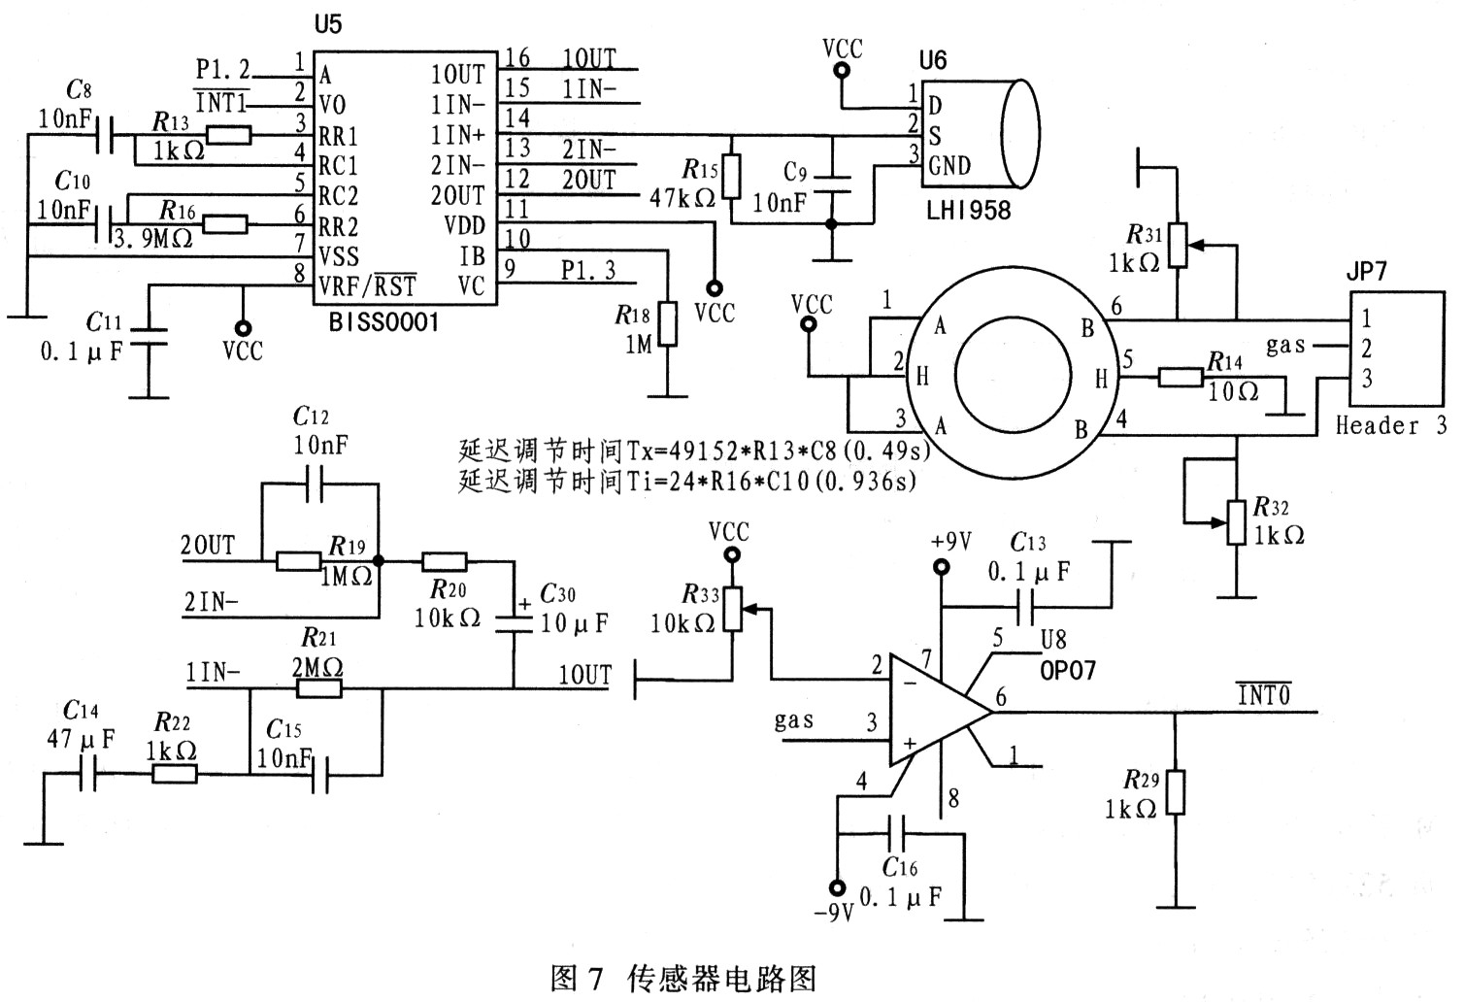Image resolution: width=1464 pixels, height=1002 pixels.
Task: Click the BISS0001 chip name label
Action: (383, 322)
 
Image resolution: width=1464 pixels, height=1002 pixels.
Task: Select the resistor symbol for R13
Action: (229, 135)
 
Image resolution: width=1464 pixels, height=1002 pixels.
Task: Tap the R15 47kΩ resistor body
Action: (731, 177)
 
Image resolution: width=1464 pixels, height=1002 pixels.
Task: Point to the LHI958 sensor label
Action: (969, 211)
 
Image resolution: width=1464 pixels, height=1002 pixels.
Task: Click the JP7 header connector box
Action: (1397, 349)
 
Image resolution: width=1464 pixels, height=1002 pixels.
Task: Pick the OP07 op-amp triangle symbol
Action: (941, 711)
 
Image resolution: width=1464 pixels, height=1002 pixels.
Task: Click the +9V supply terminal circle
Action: (941, 567)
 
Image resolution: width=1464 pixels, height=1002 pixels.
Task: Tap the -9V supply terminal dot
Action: (837, 887)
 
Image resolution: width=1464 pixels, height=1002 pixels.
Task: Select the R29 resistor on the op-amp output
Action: (1175, 792)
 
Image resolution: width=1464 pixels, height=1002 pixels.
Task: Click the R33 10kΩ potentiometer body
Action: (733, 609)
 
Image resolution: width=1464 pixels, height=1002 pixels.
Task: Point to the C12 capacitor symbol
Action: (315, 484)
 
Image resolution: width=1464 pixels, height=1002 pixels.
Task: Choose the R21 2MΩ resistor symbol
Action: (319, 688)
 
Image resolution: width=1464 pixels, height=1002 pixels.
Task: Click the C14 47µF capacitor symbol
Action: (87, 774)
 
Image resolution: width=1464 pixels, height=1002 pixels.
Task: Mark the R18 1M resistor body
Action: (667, 323)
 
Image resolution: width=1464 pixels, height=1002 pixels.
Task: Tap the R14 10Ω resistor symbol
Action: (1181, 377)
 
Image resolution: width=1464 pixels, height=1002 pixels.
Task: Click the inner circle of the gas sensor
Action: (1013, 375)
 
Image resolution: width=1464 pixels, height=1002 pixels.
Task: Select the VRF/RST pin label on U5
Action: (367, 285)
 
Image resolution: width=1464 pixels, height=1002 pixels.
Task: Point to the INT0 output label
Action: (1263, 694)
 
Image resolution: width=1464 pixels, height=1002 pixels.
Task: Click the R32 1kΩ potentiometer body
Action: (1236, 522)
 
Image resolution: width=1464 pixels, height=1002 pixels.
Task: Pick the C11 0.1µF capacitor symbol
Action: (149, 336)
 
